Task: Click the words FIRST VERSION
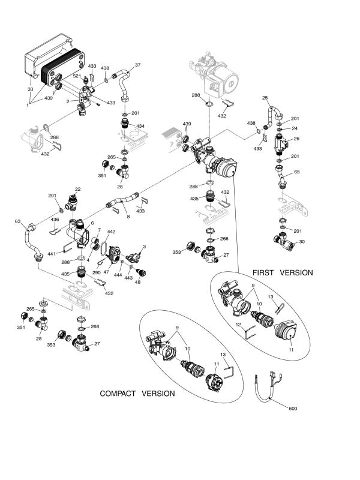283,272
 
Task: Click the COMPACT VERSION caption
137,394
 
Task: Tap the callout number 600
293,409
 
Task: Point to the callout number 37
137,65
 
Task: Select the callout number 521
77,76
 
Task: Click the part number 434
140,126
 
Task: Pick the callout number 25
265,97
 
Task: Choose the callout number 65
297,172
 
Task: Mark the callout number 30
302,242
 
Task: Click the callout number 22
77,189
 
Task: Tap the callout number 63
17,221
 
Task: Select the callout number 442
111,232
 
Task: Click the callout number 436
55,220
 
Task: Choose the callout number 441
51,253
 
